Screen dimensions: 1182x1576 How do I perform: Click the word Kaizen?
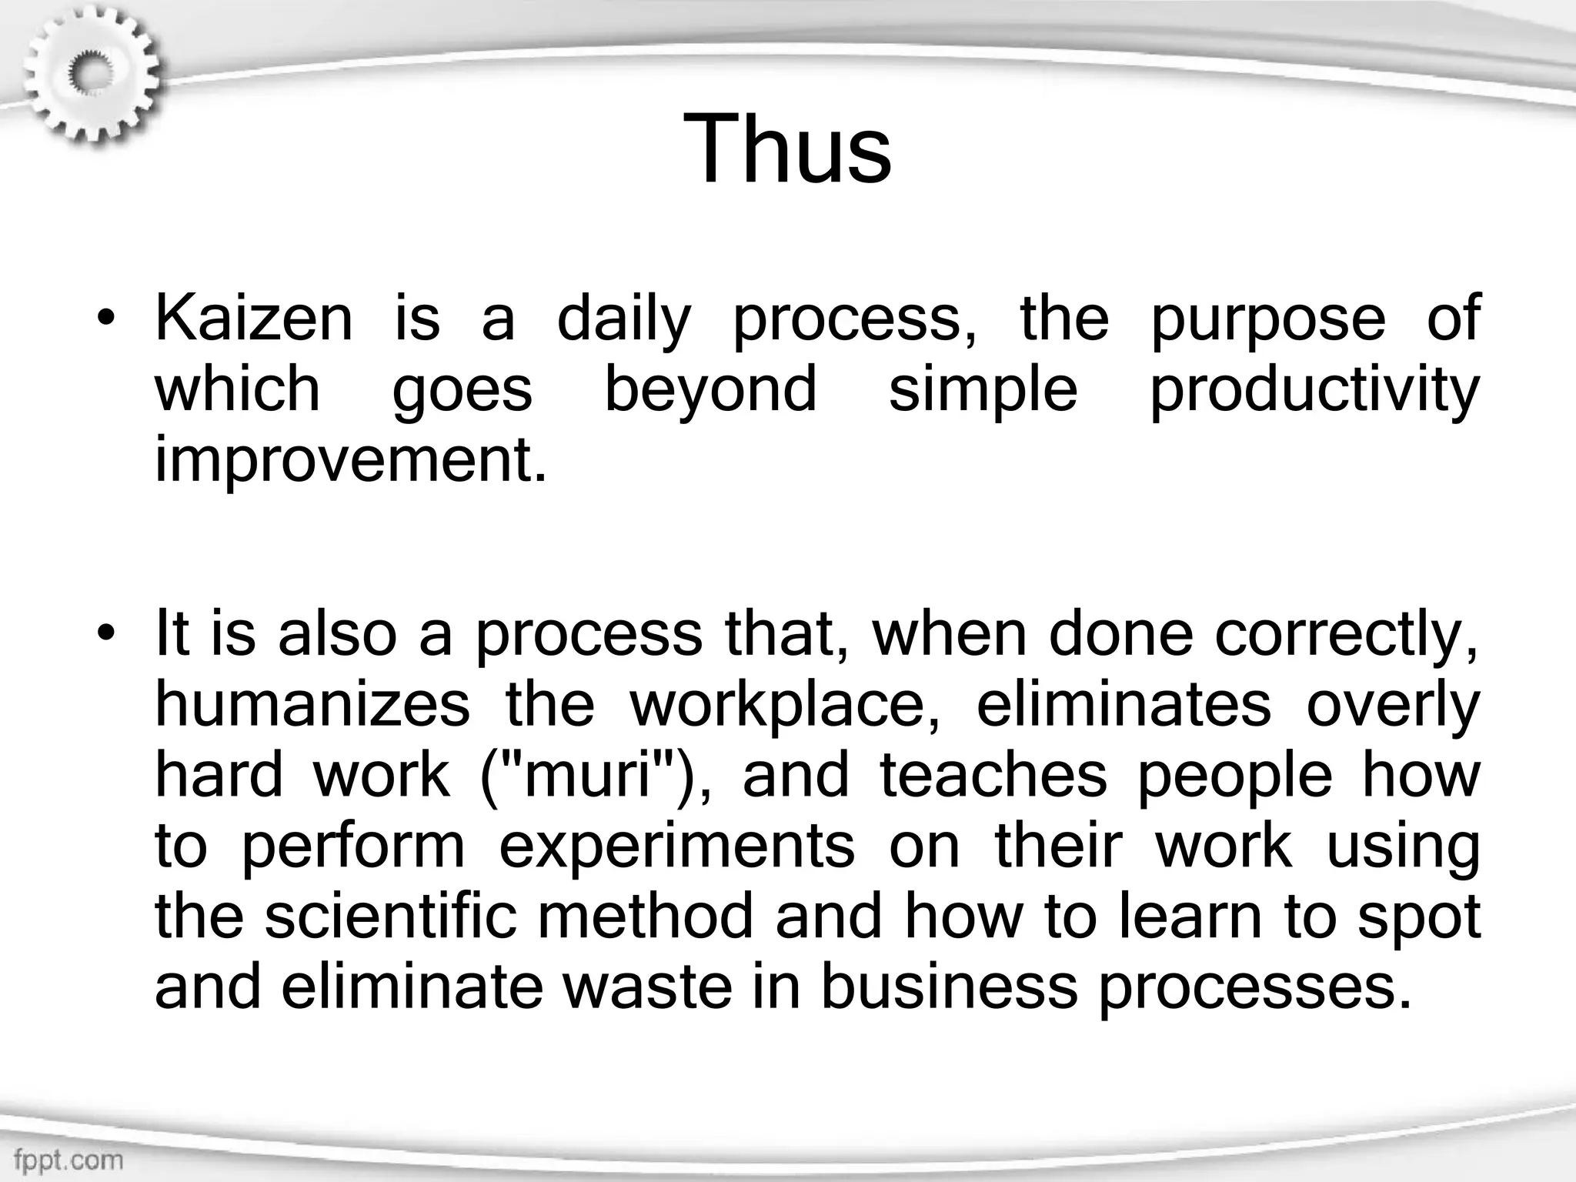(x=254, y=319)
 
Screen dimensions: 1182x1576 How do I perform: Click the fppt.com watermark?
(x=68, y=1160)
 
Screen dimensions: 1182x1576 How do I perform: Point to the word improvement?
(x=350, y=459)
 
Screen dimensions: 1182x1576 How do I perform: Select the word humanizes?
(x=312, y=705)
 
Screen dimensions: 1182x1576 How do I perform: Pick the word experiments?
(x=677, y=845)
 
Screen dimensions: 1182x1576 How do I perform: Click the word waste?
(x=647, y=987)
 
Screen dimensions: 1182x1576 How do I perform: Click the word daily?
(x=623, y=320)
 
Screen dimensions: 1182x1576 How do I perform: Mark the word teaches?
(x=993, y=775)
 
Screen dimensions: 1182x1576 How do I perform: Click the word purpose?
(x=1268, y=320)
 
